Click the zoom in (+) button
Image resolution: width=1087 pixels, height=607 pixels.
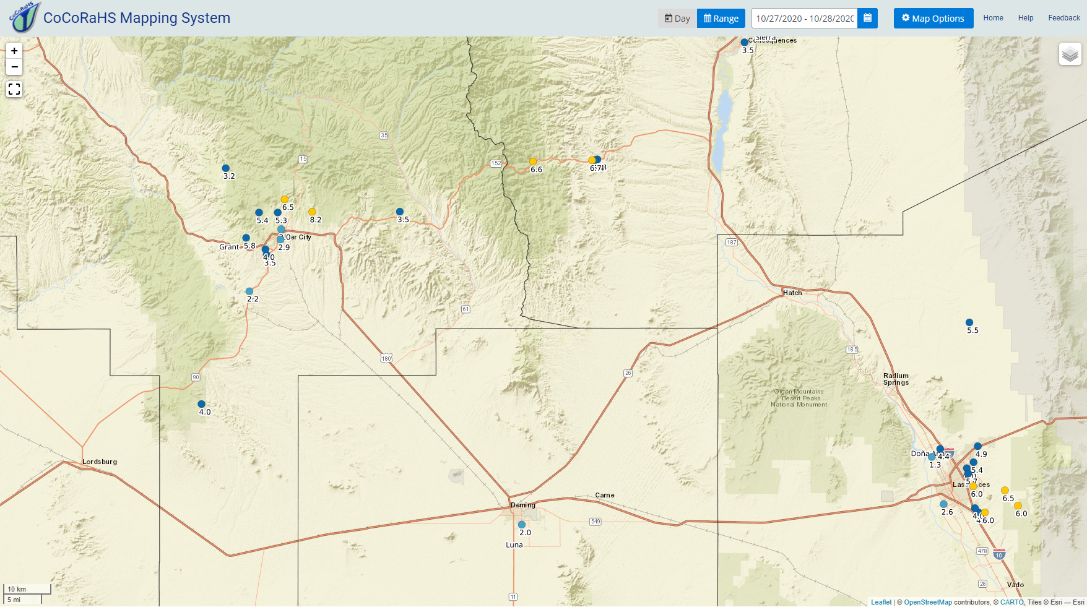(x=14, y=51)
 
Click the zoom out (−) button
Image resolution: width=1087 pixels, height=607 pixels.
(x=14, y=67)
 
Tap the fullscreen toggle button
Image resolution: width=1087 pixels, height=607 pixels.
(x=14, y=90)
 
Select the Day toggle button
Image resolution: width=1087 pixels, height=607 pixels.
(x=677, y=19)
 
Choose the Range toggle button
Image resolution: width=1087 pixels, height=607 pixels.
(x=721, y=19)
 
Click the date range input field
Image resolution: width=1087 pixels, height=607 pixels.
(x=804, y=19)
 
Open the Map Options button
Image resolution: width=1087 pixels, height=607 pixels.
(x=933, y=19)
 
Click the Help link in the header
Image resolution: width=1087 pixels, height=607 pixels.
(x=1025, y=18)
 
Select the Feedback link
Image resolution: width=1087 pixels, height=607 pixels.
(x=1063, y=18)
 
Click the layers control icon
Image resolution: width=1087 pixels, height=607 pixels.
(x=1070, y=54)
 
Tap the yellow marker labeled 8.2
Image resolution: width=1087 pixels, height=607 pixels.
(x=312, y=212)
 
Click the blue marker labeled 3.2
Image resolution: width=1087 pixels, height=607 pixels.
(x=226, y=168)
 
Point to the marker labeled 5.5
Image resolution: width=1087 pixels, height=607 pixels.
(x=969, y=322)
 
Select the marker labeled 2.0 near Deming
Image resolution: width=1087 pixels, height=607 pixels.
(x=522, y=525)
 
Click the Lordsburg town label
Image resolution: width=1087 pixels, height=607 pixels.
(x=100, y=462)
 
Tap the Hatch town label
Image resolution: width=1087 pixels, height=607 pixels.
(x=792, y=293)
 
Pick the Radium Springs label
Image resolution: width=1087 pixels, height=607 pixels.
(x=896, y=379)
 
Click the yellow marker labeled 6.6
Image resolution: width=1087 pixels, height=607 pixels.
(x=533, y=161)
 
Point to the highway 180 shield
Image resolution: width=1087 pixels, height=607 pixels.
(x=386, y=359)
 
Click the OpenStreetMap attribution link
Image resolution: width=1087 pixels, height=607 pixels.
(x=927, y=602)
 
